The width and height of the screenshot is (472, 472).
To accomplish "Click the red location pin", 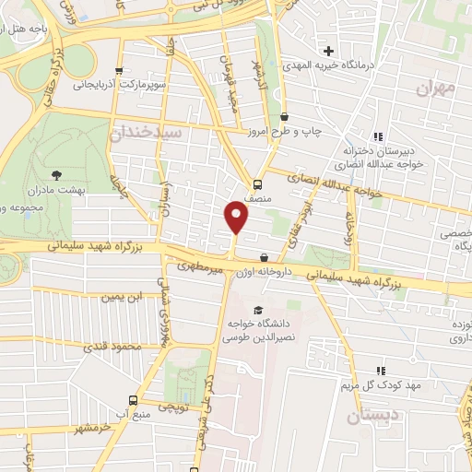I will (x=237, y=217).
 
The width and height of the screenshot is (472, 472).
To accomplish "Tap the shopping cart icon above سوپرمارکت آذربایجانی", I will (x=118, y=71).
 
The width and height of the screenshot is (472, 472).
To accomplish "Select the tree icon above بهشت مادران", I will (x=58, y=173).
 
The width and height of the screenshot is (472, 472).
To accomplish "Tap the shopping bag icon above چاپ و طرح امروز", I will (x=284, y=117).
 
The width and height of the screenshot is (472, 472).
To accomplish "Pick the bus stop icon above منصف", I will (x=257, y=183).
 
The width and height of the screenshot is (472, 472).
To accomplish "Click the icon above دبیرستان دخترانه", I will (x=377, y=136).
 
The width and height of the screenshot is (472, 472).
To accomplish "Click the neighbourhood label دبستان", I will (x=375, y=418).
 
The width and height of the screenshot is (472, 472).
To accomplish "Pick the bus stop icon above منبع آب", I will (x=133, y=400).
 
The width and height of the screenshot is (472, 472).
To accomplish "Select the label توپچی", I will (x=174, y=404).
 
